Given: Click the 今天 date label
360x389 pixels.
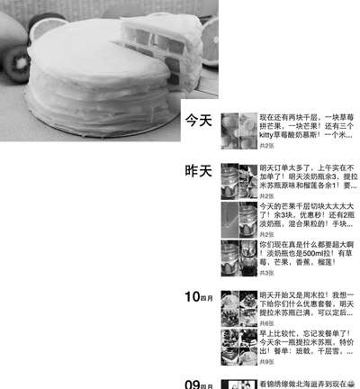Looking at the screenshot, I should pyautogui.click(x=198, y=120).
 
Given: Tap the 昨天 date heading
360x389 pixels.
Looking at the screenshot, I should pyautogui.click(x=198, y=170).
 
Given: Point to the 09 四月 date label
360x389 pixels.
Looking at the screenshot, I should pyautogui.click(x=200, y=384).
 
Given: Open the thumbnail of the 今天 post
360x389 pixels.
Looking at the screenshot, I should pyautogui.click(x=238, y=130).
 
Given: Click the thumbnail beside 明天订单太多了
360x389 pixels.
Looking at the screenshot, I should pyautogui.click(x=238, y=180).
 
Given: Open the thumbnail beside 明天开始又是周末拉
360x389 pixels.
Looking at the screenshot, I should pyautogui.click(x=238, y=307).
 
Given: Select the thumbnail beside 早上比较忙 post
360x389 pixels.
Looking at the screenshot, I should pyautogui.click(x=238, y=346).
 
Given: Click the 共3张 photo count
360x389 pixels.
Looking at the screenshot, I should pyautogui.click(x=267, y=272).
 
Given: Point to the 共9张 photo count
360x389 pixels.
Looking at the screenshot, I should pyautogui.click(x=267, y=361).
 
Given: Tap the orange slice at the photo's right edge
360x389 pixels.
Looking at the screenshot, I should pyautogui.click(x=208, y=41).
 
